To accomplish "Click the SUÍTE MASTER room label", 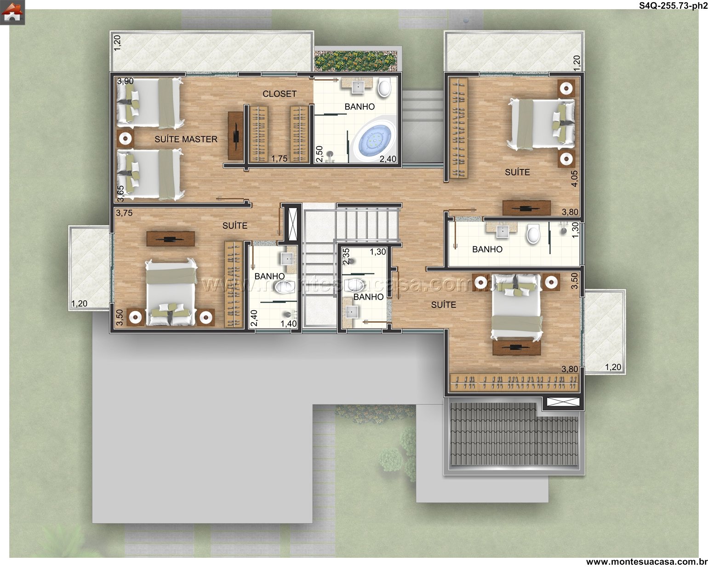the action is pos(186,139).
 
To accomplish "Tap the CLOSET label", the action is pos(280,94).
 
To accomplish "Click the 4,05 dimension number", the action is pos(574,179).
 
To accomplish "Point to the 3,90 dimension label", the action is pos(126,81).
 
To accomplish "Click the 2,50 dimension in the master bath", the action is pos(319,154).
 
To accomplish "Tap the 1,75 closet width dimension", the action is pos(279,159).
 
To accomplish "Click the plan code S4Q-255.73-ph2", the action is pos(673,6).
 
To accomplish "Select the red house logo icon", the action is pos(12,12).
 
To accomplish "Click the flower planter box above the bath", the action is pos(355,61).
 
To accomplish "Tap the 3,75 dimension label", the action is pos(124,213).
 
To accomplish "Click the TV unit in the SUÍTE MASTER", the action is pos(235,136).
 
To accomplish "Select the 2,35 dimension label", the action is pos(346,257).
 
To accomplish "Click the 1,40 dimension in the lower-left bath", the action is pos(289,324).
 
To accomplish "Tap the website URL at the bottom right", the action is pos(646,561).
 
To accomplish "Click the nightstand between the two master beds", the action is pos(126,139).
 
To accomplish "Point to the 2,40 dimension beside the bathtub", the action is pos(388,159).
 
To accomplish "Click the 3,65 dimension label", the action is pos(120,193).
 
